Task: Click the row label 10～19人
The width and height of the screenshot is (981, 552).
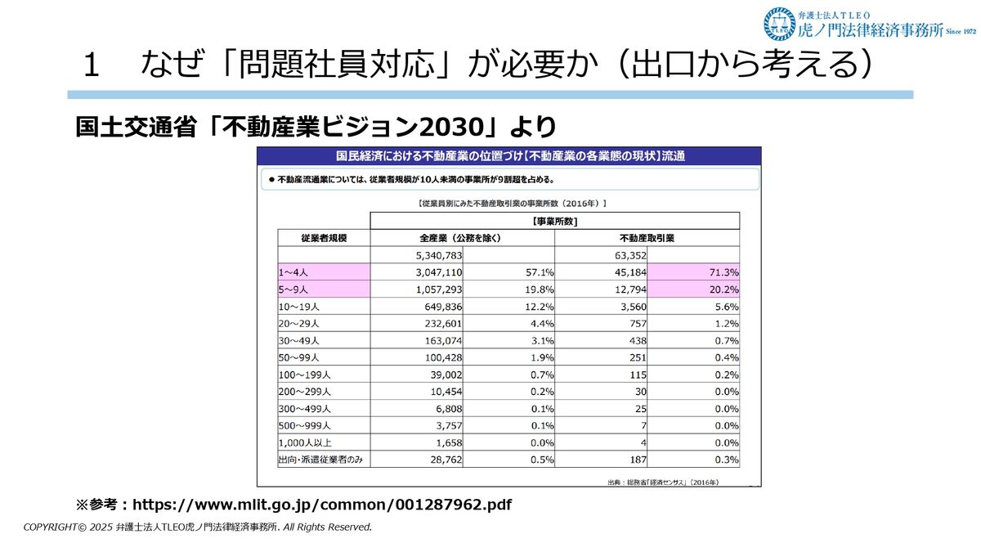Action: tap(301, 307)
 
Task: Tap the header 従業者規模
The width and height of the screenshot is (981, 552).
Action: tap(325, 238)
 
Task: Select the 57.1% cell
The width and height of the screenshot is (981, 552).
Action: tap(536, 272)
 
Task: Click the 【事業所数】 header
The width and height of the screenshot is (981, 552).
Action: tap(555, 221)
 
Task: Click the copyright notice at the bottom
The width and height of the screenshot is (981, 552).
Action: tap(198, 527)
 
